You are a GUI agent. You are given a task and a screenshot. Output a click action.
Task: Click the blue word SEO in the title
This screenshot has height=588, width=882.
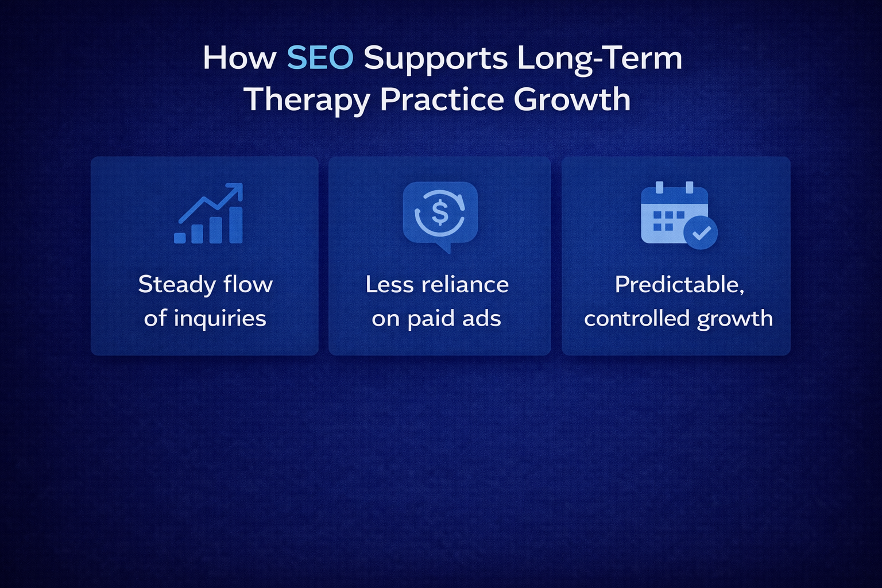tap(319, 58)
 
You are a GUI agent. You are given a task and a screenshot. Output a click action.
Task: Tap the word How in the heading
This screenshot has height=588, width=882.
tap(239, 58)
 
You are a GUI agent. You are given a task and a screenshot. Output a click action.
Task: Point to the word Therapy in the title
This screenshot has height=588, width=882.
tap(307, 100)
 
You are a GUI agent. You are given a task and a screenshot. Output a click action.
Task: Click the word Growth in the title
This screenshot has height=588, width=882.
tap(572, 99)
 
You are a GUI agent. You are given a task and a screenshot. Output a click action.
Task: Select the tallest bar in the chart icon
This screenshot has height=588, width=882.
tap(235, 225)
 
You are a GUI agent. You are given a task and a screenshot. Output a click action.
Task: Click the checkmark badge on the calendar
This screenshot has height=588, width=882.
tap(701, 233)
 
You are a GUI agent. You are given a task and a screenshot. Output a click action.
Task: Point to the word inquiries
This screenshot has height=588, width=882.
tap(220, 319)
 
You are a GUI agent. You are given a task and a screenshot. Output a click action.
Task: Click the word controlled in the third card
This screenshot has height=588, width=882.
tap(637, 319)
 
